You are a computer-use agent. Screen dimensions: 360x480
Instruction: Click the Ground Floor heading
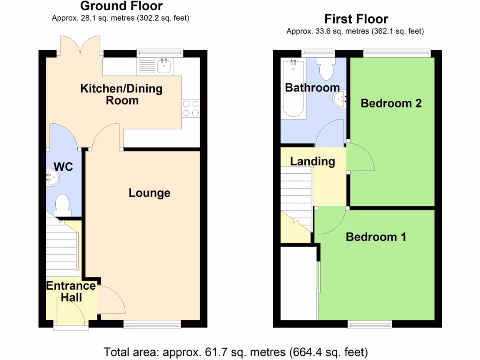tap(121, 6)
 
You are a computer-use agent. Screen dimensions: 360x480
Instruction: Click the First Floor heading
tap(356, 19)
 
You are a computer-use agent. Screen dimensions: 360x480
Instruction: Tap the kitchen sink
tap(164, 67)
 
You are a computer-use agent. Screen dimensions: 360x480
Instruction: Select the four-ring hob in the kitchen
tap(191, 108)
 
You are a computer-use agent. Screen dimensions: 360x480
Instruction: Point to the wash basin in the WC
tap(52, 178)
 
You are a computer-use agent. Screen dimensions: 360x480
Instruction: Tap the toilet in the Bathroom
tap(325, 69)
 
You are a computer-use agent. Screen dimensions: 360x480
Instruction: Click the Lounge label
tap(150, 193)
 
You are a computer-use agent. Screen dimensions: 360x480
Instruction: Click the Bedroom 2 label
tap(391, 104)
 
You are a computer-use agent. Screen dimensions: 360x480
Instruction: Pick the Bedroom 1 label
tap(375, 237)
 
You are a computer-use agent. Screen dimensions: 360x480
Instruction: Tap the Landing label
tap(312, 162)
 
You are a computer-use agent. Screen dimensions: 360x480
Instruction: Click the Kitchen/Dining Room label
tap(121, 94)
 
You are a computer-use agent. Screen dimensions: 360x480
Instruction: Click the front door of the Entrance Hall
tap(71, 312)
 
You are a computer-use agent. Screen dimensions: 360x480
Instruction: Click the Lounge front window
tap(152, 323)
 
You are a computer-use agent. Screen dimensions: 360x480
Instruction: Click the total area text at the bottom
tap(236, 352)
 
